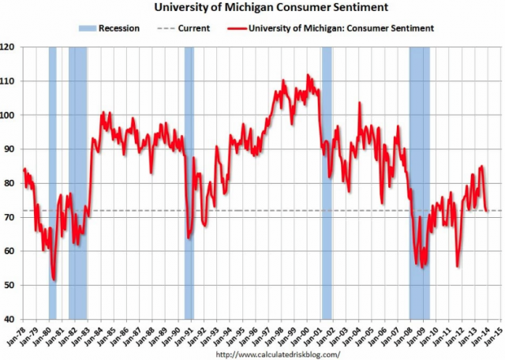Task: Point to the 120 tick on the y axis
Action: pyautogui.click(x=8, y=47)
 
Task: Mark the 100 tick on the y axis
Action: pyautogui.click(x=8, y=115)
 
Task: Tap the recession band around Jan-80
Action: pyautogui.click(x=53, y=182)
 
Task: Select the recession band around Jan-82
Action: pyautogui.click(x=77, y=182)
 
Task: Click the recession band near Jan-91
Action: pyautogui.click(x=189, y=182)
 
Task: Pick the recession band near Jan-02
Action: pyautogui.click(x=327, y=182)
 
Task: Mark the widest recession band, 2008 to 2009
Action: pyautogui.click(x=419, y=182)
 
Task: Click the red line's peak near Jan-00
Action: pyautogui.click(x=308, y=76)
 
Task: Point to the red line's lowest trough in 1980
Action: pyautogui.click(x=54, y=279)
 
